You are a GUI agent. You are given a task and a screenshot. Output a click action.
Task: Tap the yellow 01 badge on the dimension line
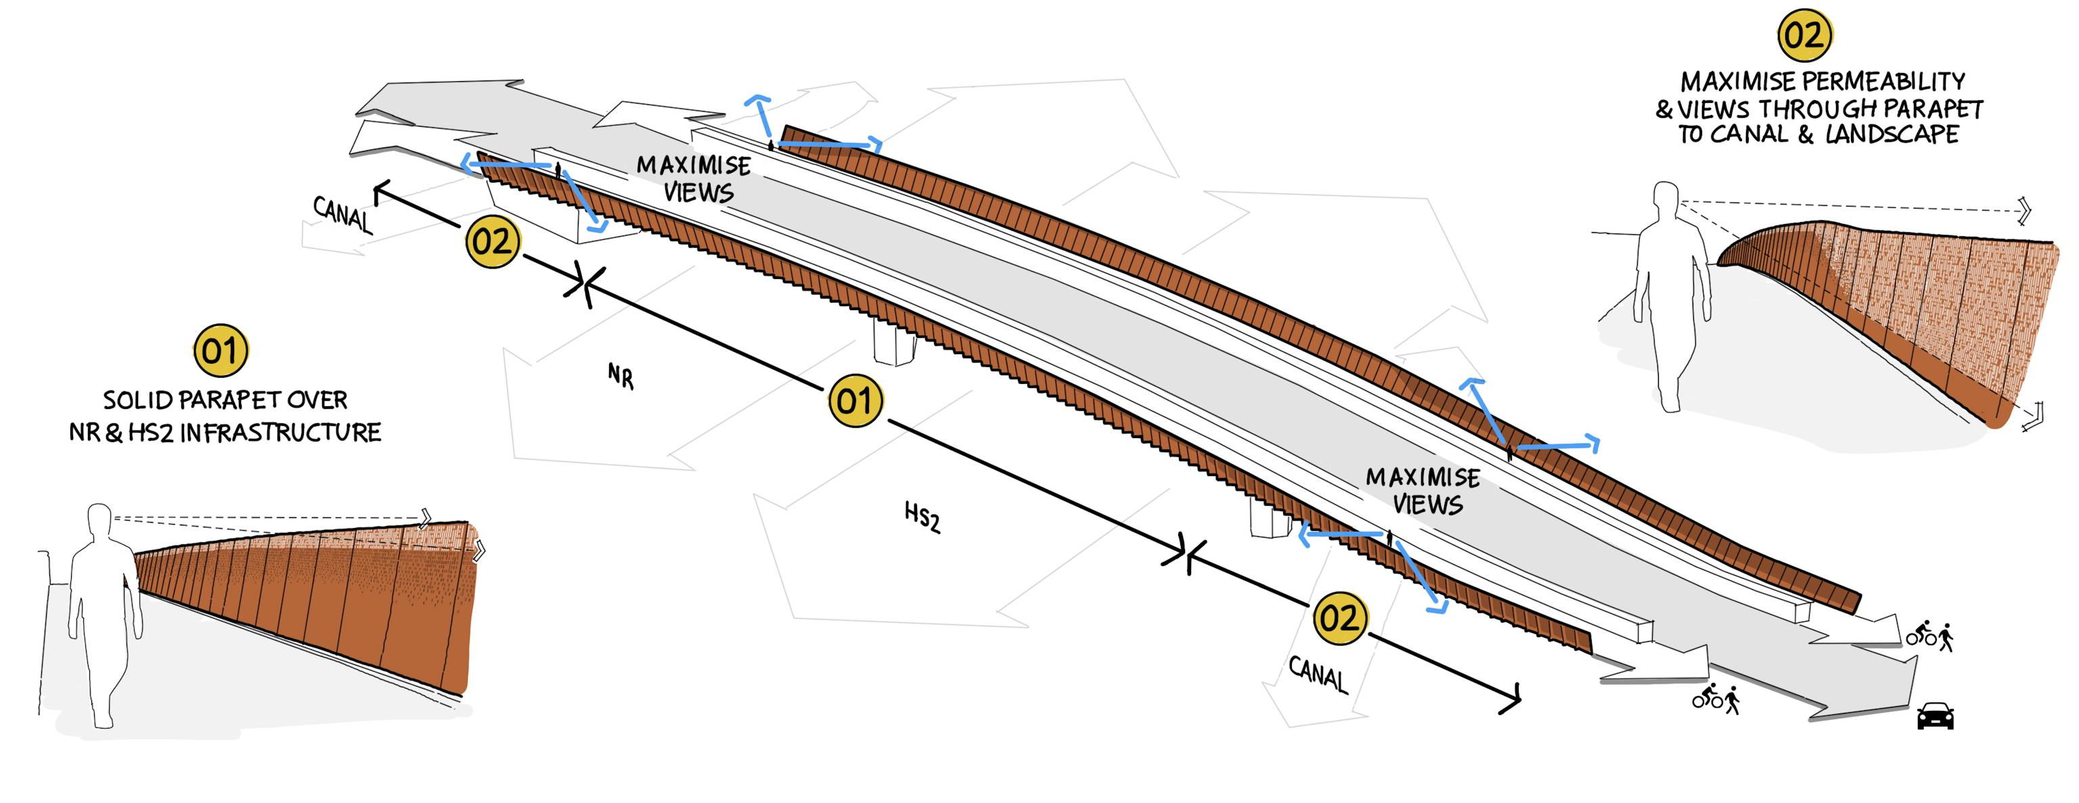855,401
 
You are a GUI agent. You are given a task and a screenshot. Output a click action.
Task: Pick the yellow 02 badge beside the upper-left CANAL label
492,241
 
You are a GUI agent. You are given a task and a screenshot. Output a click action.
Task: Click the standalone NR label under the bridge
621,376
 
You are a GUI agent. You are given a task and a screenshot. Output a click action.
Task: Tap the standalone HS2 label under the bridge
922,517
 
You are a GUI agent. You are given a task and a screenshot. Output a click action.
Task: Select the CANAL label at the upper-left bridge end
343,215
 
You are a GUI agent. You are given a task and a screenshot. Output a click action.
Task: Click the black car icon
1936,716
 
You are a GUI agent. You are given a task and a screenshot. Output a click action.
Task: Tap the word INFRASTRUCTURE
280,433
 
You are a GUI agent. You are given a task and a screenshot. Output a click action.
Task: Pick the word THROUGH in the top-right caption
1826,109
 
